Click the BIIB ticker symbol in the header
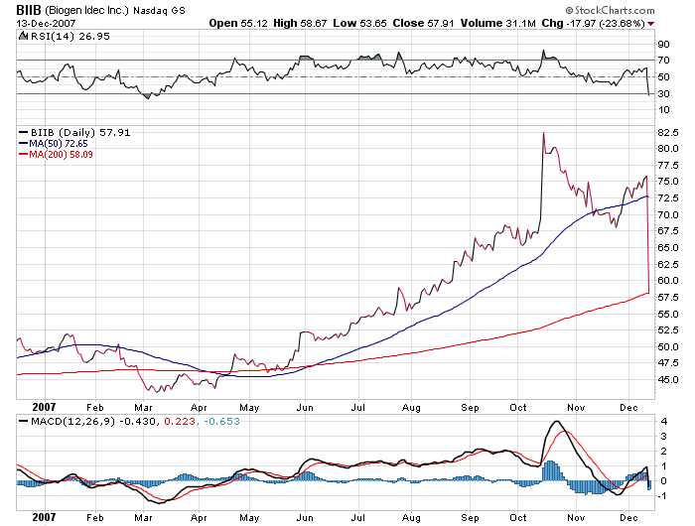[16, 10]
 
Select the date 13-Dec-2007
[33, 22]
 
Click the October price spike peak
[542, 132]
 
